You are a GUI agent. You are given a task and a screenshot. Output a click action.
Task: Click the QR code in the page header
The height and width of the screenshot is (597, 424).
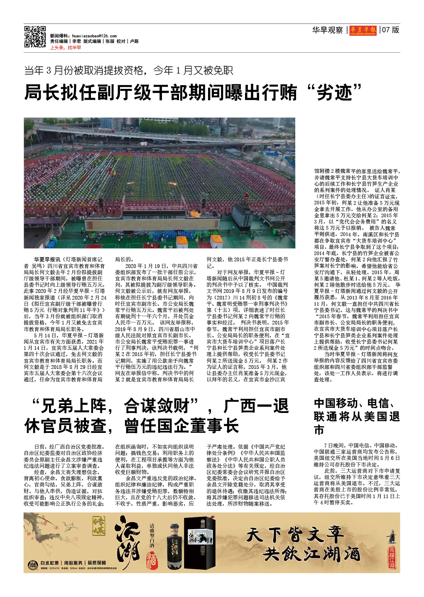(35, 37)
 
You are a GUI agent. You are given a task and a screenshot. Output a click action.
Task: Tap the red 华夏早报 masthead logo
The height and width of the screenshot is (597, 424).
(363, 30)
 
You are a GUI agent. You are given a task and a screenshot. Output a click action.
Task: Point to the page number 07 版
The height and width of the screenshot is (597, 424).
(391, 30)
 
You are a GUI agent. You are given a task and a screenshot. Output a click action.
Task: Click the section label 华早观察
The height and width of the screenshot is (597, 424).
(327, 30)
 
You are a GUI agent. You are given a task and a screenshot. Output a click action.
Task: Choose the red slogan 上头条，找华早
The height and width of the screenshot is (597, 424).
(66, 47)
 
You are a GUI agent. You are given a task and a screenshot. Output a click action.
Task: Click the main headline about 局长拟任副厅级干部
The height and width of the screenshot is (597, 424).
(194, 92)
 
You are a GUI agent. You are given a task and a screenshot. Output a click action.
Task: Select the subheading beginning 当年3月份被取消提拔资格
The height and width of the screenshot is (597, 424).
(128, 70)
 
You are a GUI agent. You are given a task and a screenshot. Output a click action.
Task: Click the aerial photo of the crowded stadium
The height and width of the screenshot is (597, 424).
(159, 183)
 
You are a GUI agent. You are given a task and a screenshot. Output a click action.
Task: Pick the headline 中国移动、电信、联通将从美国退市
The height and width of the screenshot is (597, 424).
(356, 416)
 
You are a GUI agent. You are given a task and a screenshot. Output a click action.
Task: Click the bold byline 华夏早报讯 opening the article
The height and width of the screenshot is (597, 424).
(47, 259)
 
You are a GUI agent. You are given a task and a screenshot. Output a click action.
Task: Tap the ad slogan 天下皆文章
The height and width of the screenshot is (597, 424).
(294, 535)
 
